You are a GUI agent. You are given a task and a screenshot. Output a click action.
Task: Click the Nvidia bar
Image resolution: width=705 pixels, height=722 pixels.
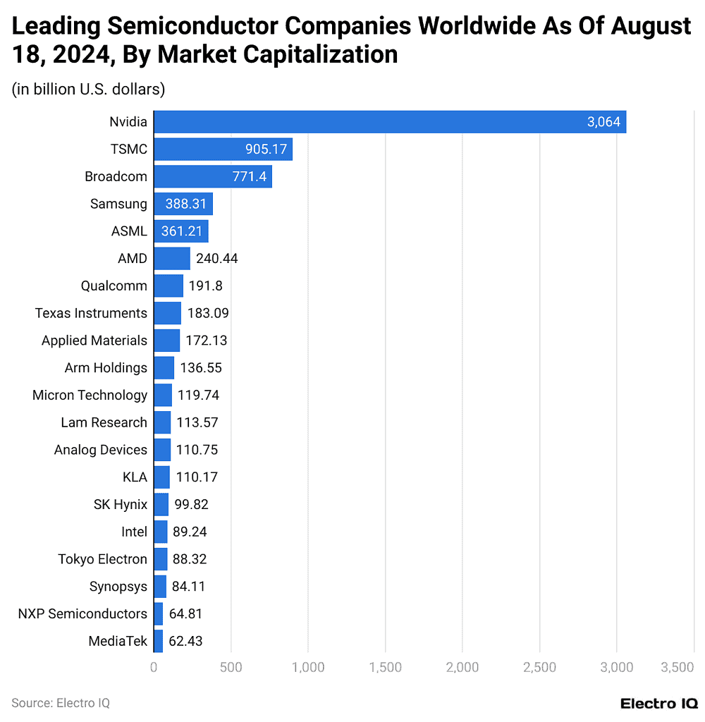(390, 122)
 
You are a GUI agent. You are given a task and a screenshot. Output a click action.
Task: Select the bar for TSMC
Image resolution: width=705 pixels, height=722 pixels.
(223, 149)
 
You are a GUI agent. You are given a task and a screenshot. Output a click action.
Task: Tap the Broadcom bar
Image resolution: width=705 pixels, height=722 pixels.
(212, 176)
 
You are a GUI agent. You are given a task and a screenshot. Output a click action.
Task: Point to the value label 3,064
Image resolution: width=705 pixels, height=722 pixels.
(603, 122)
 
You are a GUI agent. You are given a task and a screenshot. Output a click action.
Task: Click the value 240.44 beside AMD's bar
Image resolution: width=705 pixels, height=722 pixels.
(216, 259)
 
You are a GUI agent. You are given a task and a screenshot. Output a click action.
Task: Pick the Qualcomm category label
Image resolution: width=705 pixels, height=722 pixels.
(114, 286)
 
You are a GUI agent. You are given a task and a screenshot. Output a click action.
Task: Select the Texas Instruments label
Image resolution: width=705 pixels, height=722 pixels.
(91, 313)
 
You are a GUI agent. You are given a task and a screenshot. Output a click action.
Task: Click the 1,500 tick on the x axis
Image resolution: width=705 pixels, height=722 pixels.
(385, 667)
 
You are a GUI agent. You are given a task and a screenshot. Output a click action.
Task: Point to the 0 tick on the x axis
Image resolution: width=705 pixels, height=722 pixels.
(154, 667)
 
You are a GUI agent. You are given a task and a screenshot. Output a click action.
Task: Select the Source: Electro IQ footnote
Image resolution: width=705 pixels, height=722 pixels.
(61, 703)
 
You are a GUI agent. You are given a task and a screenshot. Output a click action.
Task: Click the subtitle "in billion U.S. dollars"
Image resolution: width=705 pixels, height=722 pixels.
(88, 89)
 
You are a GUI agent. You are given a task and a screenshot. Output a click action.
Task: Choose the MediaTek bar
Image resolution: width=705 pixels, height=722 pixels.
(158, 641)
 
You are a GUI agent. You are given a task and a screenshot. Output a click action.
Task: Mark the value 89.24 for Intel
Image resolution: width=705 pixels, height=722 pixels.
(190, 532)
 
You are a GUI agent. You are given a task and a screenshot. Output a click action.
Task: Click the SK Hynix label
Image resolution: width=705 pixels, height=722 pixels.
(121, 504)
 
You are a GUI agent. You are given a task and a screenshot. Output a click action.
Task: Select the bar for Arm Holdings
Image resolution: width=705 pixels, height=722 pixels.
(164, 367)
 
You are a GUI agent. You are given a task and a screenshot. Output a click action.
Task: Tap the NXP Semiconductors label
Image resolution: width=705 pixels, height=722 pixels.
(82, 613)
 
